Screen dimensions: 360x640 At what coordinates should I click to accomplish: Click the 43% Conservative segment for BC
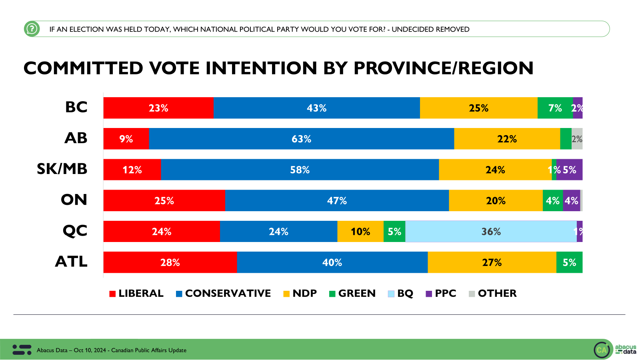tap(316, 108)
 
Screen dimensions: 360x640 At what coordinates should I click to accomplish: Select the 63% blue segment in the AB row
tap(301, 139)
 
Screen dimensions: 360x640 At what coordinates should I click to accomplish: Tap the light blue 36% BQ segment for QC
tap(491, 232)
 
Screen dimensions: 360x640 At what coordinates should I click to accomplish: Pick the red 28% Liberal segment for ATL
tap(170, 262)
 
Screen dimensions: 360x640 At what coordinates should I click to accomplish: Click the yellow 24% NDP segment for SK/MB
tap(495, 170)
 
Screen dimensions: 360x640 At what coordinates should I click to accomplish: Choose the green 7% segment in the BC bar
tap(555, 108)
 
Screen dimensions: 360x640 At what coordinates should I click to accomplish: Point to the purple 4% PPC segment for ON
tap(571, 200)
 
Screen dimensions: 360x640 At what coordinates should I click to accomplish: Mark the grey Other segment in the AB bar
tap(577, 139)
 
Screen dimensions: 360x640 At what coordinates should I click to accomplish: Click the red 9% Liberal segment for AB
tap(126, 139)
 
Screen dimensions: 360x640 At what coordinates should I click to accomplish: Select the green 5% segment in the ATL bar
tap(569, 262)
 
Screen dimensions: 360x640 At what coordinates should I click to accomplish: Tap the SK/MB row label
tap(62, 169)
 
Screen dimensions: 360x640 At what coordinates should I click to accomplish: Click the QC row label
tap(75, 231)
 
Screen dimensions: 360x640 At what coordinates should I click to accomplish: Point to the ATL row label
tap(71, 262)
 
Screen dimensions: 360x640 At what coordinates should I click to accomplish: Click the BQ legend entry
tap(401, 294)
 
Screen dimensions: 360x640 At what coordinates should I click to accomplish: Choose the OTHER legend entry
tap(493, 294)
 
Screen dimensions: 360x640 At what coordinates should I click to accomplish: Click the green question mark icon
tap(32, 29)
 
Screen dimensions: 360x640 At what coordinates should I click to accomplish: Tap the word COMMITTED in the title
tap(83, 68)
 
